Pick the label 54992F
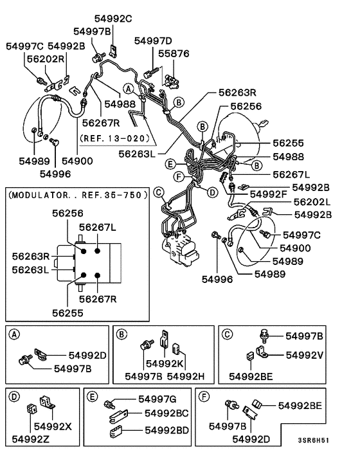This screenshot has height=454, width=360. pyautogui.click(x=268, y=194)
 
